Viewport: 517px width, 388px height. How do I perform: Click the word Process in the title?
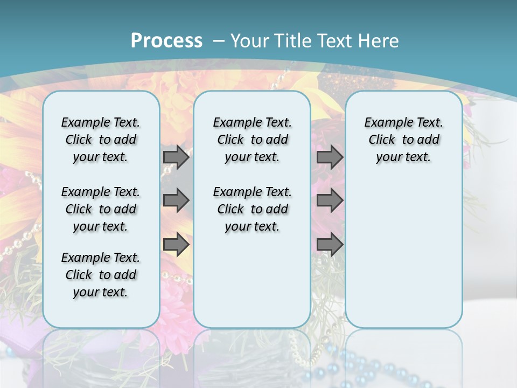click(166, 40)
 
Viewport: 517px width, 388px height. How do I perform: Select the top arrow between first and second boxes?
click(176, 157)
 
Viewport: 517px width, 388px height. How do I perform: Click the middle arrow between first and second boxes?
click(176, 200)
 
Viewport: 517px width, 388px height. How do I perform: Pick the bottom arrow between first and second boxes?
click(176, 245)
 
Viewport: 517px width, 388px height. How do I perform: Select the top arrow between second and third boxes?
click(330, 157)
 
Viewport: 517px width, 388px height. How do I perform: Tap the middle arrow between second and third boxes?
click(330, 200)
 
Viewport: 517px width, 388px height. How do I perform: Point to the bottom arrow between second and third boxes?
click(330, 245)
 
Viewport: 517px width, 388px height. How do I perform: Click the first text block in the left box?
click(101, 140)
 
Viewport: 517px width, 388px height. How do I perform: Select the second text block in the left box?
click(101, 209)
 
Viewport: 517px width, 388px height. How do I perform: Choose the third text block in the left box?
click(101, 275)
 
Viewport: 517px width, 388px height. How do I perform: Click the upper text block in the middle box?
click(252, 140)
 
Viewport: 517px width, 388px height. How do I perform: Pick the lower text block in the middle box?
click(252, 209)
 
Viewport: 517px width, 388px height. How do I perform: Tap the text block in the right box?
click(403, 140)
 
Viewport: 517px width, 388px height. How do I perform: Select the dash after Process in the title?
click(219, 41)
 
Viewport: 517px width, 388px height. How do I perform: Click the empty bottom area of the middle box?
click(252, 286)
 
